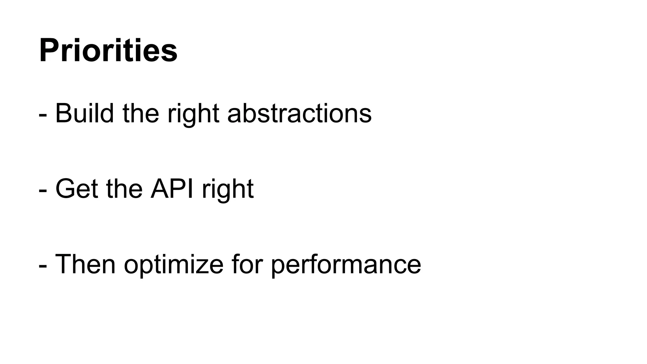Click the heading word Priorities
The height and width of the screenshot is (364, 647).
point(108,51)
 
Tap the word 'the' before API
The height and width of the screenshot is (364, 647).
point(124,189)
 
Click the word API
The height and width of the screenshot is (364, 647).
point(172,189)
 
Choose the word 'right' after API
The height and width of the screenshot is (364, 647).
point(228,190)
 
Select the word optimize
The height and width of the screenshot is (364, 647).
point(173,265)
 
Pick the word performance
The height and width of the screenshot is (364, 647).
point(346,265)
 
